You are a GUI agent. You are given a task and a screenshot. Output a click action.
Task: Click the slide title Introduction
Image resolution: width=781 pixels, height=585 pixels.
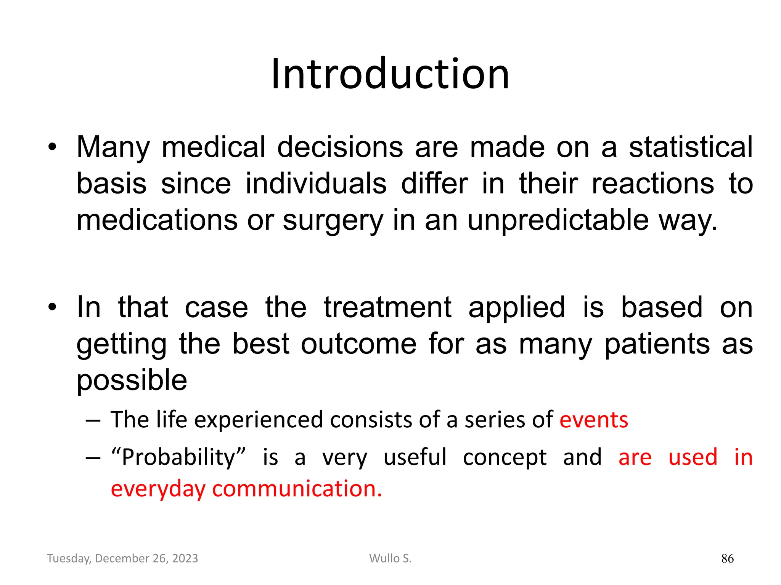coord(390,74)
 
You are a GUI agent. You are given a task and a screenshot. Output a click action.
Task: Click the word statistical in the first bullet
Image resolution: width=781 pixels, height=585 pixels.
coord(691,147)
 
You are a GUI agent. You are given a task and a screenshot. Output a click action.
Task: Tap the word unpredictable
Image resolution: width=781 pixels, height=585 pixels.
coord(558,221)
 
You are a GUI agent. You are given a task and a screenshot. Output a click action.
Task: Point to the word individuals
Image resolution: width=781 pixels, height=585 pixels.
coord(316,184)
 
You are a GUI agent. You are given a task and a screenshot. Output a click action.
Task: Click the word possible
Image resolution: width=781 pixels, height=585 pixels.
coord(132,380)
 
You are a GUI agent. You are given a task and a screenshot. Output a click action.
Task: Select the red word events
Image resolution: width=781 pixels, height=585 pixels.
coord(594,420)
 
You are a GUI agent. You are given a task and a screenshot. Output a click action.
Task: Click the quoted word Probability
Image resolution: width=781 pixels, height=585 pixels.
coord(178,457)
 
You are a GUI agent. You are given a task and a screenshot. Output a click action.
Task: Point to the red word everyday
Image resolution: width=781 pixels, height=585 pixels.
coord(158,489)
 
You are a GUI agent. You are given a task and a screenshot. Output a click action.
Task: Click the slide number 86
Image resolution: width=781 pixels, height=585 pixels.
coord(727,559)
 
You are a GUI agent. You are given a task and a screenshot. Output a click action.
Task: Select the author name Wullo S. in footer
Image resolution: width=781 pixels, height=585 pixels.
coord(390,558)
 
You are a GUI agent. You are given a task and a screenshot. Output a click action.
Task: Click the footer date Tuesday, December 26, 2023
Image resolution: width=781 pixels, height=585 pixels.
coord(122,558)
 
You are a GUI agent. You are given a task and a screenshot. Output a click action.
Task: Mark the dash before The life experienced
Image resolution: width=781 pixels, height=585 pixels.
coord(93,420)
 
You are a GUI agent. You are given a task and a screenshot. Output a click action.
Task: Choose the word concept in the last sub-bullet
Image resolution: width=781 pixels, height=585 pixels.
coord(505,457)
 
